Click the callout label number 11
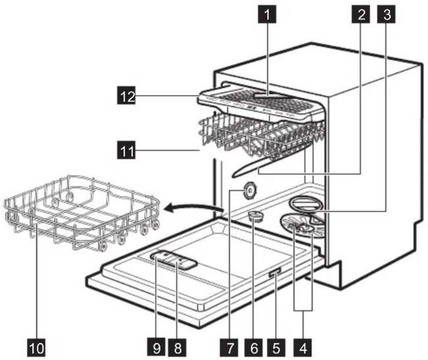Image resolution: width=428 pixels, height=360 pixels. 127,148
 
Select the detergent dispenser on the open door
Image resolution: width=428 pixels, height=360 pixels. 173,259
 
